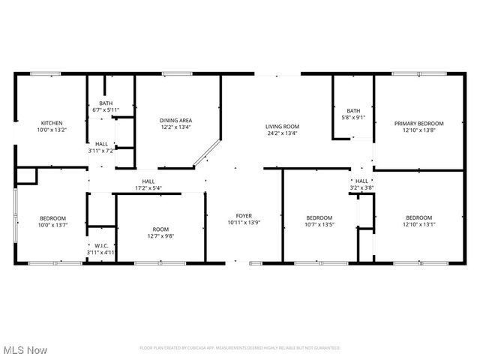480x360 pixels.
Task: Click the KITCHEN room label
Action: [52, 123]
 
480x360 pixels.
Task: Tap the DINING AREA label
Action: [175, 120]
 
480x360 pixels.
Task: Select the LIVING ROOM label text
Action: [282, 127]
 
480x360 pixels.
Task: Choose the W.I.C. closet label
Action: [100, 245]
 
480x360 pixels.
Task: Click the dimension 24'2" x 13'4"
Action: [282, 133]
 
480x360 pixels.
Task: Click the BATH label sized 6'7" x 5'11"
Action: [105, 103]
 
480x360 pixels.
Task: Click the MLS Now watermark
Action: [25, 350]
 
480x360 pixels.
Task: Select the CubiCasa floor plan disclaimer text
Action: [240, 348]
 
